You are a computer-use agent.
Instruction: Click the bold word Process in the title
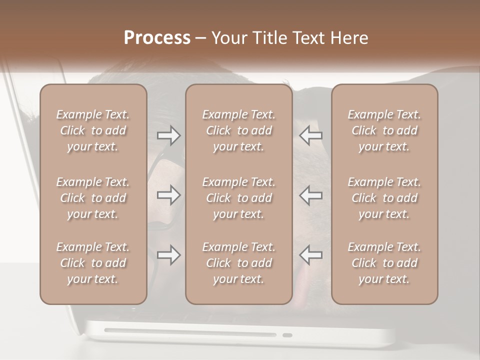157,38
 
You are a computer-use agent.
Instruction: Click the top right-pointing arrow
168,135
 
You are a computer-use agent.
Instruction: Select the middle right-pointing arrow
168,195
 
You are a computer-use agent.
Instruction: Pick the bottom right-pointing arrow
168,255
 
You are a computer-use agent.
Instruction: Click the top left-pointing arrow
310,135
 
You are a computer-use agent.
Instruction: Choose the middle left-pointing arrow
310,195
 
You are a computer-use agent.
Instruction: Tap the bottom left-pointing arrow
310,255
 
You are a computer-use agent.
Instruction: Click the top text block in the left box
93,130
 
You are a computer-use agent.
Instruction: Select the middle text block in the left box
93,198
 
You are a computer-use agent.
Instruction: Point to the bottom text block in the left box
93,263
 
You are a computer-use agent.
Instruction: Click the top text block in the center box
238,130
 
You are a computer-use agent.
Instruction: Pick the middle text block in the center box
238,198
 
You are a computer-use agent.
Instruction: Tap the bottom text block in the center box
238,263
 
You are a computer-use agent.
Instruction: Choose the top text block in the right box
384,130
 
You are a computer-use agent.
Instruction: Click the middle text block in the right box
384,198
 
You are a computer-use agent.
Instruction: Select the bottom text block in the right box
384,263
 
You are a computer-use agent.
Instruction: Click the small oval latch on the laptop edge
287,335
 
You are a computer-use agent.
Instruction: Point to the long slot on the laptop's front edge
190,332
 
